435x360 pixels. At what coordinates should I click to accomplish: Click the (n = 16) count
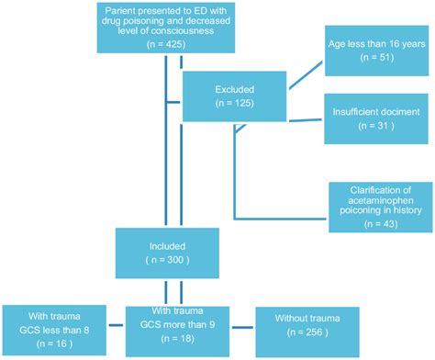[x=56, y=339]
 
